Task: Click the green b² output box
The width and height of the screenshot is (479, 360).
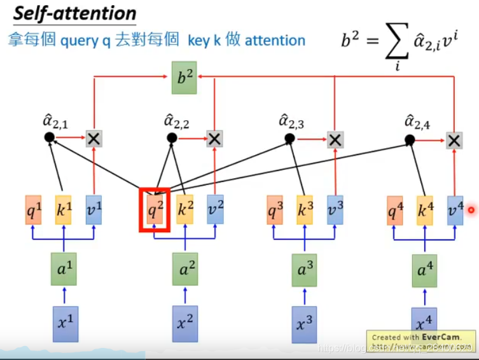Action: click(185, 78)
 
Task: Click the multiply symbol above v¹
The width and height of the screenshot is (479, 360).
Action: click(94, 138)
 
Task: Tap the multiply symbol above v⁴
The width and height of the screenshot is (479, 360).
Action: click(454, 140)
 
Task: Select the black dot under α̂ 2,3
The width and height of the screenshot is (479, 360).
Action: click(289, 138)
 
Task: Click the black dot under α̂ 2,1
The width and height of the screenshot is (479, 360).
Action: click(49, 137)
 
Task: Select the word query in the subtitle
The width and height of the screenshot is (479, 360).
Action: click(79, 41)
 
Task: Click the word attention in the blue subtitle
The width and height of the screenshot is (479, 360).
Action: click(275, 41)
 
